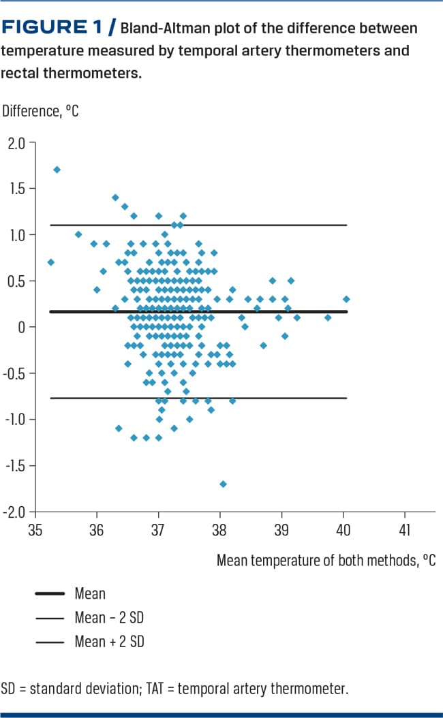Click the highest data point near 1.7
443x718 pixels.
(x=57, y=170)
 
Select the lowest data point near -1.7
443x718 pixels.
(x=223, y=484)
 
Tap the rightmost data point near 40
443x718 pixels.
(x=346, y=298)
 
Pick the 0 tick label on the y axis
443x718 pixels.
(x=21, y=327)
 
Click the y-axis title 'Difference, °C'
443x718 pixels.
(x=41, y=110)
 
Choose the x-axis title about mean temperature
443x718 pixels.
(x=326, y=561)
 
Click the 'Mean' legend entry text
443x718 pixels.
(x=90, y=594)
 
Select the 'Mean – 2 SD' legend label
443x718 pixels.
(x=109, y=618)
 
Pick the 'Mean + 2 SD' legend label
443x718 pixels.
(x=109, y=642)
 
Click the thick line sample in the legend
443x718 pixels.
(x=50, y=594)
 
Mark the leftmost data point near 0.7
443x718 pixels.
(x=50, y=262)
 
